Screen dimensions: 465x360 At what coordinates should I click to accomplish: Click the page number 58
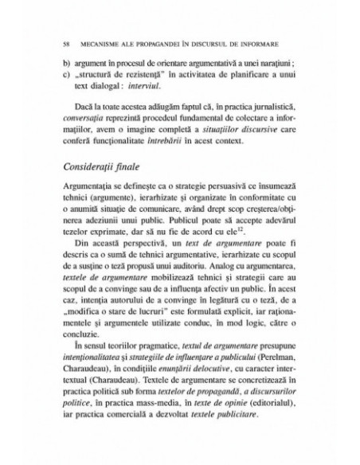coord(52,38)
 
